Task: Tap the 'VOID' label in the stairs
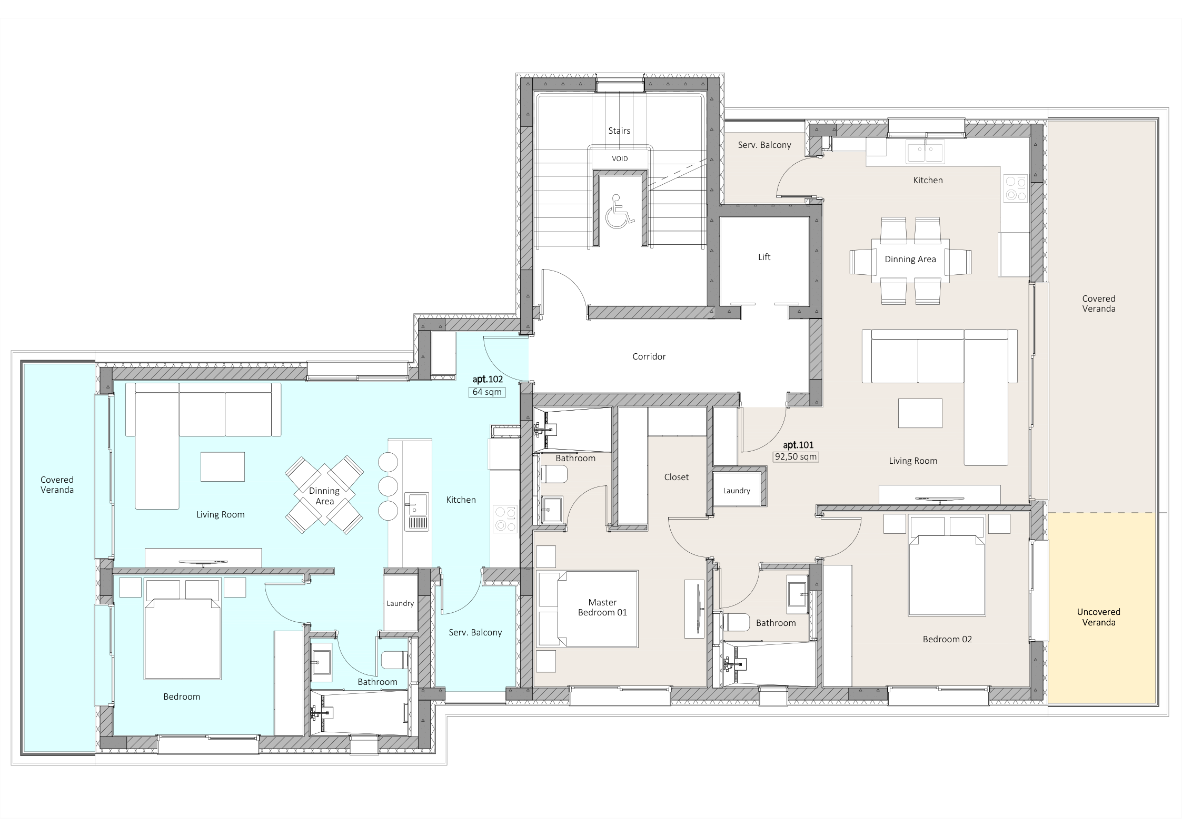pyautogui.click(x=620, y=158)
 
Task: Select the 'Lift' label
pyautogui.click(x=764, y=257)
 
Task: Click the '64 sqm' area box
pyautogui.click(x=488, y=392)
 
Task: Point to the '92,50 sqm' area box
pyautogui.click(x=796, y=456)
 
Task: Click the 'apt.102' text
pyautogui.click(x=488, y=379)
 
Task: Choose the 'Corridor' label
pyautogui.click(x=649, y=356)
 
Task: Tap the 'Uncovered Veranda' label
pyautogui.click(x=1098, y=617)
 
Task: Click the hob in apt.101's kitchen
pyautogui.click(x=1016, y=188)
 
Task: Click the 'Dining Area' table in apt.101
pyautogui.click(x=910, y=261)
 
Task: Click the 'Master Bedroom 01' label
pyautogui.click(x=602, y=607)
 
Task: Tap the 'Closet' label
pyautogui.click(x=677, y=477)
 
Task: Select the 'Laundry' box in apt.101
pyautogui.click(x=737, y=490)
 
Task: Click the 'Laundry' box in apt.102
pyautogui.click(x=401, y=603)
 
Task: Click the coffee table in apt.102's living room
pyautogui.click(x=223, y=466)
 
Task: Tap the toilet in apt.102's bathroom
pyautogui.click(x=394, y=660)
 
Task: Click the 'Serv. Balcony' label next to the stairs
pyautogui.click(x=764, y=145)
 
